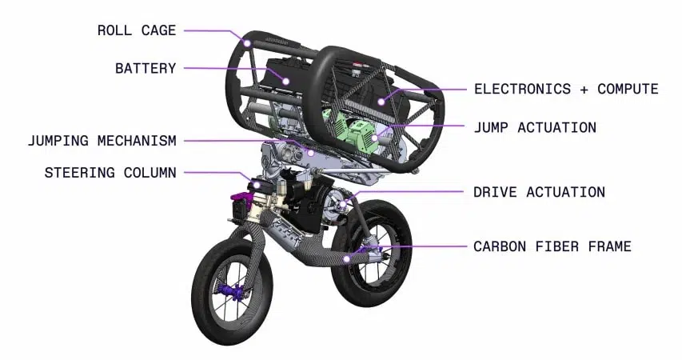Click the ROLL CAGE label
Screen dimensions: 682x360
[x=137, y=30]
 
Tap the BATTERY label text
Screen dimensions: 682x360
[x=146, y=68]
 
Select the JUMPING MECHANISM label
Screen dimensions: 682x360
[x=102, y=141]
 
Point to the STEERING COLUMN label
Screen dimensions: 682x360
[x=110, y=172]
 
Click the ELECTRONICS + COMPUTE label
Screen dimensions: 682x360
[x=566, y=89]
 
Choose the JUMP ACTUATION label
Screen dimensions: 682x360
[x=535, y=127]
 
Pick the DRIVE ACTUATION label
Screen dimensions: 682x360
[x=540, y=192]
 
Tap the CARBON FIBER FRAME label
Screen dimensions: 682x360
[x=552, y=246]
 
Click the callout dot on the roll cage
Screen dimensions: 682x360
[x=247, y=43]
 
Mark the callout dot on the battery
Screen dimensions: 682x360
[x=285, y=81]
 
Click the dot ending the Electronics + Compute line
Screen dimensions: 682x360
[x=381, y=102]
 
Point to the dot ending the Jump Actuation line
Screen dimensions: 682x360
[x=374, y=138]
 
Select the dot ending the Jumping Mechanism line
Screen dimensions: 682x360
[x=311, y=153]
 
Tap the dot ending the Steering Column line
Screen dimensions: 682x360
[x=257, y=185]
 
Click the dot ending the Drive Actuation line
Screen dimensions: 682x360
[x=343, y=204]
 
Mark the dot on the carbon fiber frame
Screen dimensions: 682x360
[x=346, y=259]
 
